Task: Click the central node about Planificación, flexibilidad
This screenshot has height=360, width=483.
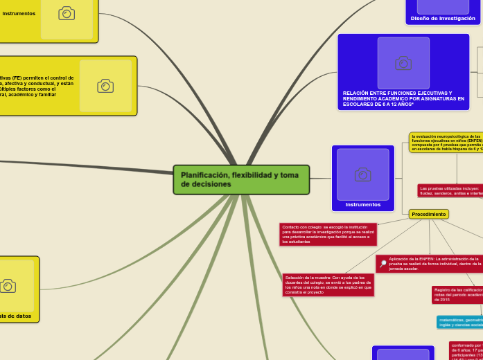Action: click(x=240, y=180)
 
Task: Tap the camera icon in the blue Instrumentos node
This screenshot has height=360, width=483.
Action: click(x=362, y=174)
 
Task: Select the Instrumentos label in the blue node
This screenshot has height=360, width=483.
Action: click(x=362, y=205)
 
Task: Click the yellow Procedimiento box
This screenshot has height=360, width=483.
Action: click(x=428, y=215)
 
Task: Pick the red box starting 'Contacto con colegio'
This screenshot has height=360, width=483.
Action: click(x=328, y=234)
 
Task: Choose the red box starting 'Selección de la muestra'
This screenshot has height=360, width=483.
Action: click(x=328, y=285)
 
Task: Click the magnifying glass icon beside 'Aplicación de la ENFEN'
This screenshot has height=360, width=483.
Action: click(x=383, y=264)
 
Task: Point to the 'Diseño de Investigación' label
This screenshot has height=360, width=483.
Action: click(x=443, y=19)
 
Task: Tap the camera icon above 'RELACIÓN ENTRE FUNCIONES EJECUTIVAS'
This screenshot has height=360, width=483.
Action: click(x=403, y=63)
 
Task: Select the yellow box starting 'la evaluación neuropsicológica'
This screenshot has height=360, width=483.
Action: click(x=446, y=143)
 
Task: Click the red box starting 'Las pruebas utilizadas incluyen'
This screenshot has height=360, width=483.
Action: click(x=450, y=190)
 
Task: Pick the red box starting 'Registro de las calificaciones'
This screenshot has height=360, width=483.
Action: click(x=457, y=294)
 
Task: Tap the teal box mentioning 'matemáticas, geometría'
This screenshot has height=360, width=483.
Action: click(x=460, y=322)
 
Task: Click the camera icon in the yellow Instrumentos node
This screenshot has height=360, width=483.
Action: click(x=67, y=13)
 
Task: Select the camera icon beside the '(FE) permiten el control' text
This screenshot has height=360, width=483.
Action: click(x=105, y=86)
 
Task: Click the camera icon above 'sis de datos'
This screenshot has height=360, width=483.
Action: click(x=8, y=286)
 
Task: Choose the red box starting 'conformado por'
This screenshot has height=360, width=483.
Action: click(x=466, y=350)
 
